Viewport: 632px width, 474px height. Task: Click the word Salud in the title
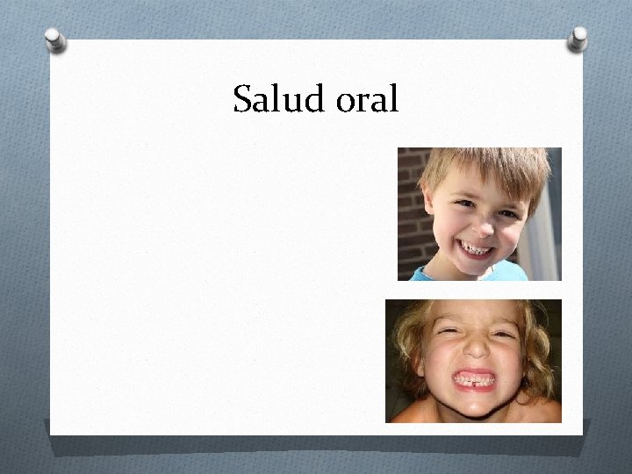[279, 100]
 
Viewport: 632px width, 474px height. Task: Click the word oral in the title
[368, 100]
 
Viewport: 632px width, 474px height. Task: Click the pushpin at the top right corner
[578, 37]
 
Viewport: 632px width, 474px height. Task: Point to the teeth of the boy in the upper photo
[478, 249]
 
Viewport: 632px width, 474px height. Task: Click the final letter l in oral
[394, 100]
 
